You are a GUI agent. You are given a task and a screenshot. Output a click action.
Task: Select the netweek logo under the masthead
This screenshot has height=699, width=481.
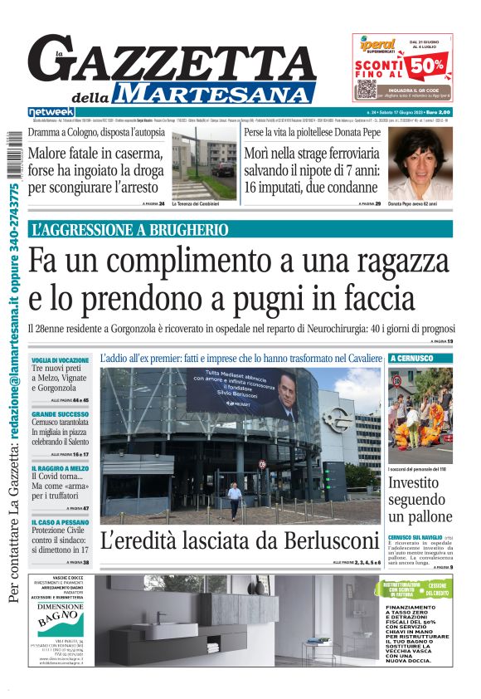(x=51, y=111)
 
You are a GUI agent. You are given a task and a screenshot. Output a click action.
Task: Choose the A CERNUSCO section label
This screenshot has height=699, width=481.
(x=411, y=358)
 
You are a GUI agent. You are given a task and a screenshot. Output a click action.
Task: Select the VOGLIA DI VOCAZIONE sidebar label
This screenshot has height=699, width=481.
(x=61, y=359)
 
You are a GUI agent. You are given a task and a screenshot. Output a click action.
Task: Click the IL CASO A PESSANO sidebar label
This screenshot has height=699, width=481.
(x=60, y=521)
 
